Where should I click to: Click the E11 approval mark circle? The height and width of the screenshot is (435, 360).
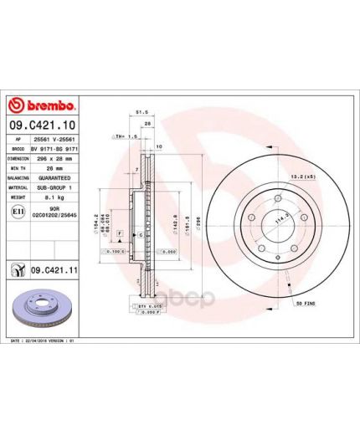18,212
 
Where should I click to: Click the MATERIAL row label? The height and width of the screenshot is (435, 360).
18,188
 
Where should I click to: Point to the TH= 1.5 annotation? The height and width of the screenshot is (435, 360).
122,136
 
